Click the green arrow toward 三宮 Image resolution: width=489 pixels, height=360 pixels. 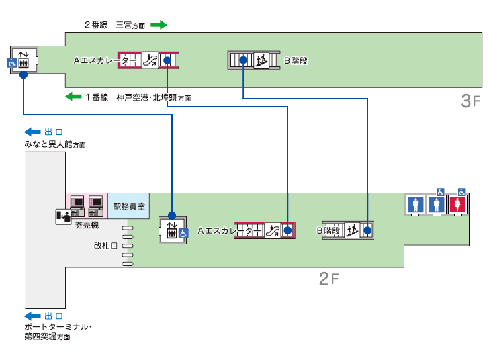[x=158, y=25]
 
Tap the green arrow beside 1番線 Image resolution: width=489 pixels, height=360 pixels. [x=73, y=97]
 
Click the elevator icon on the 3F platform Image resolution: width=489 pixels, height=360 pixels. [x=22, y=58]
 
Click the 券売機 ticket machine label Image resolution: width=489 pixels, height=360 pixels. [x=87, y=225]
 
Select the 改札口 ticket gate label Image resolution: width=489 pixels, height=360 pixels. [x=105, y=246]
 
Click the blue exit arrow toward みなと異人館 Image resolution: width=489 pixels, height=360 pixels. [x=32, y=132]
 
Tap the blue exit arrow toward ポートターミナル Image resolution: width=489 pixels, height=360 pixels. [x=32, y=316]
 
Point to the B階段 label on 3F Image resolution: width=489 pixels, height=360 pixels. [x=295, y=60]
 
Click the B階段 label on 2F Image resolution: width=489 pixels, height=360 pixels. [x=329, y=230]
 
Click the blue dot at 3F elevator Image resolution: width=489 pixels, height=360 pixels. [x=24, y=75]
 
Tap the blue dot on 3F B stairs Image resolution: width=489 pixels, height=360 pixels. [x=243, y=60]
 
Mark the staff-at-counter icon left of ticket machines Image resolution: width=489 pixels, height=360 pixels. [x=63, y=216]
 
